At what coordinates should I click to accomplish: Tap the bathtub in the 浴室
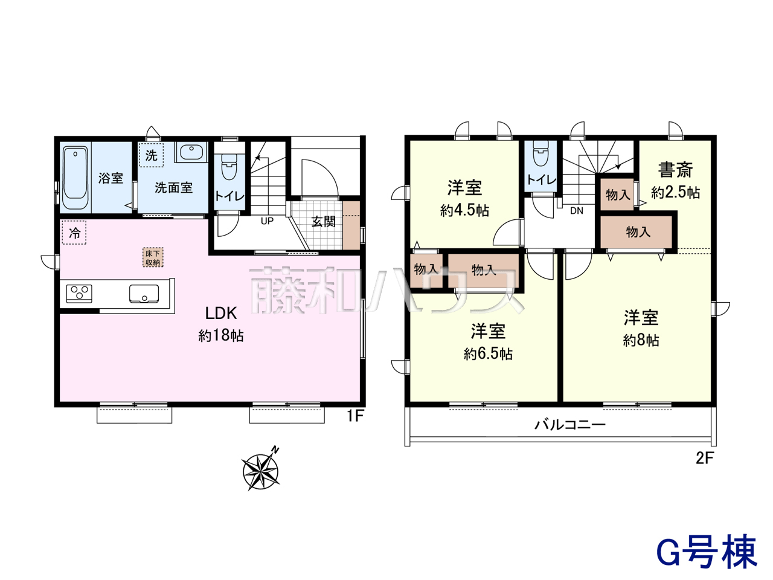[75, 178]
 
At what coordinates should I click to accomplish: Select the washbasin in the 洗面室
[191, 152]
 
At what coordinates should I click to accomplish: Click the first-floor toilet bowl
[229, 167]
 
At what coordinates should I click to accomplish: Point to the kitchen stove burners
[79, 294]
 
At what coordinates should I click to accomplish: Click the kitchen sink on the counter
[144, 294]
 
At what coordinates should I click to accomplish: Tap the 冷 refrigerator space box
[74, 233]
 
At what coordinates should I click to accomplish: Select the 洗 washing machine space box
[151, 155]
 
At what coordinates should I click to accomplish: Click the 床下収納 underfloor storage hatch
[153, 257]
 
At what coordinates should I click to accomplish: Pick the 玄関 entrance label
[324, 222]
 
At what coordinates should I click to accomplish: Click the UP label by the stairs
[267, 221]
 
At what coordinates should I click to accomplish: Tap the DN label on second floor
[577, 211]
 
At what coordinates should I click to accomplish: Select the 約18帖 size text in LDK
[221, 335]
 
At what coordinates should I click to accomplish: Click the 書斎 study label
[675, 169]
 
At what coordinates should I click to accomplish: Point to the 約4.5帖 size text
[464, 211]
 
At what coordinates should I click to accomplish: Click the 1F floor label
[355, 416]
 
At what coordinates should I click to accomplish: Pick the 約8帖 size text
[641, 341]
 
